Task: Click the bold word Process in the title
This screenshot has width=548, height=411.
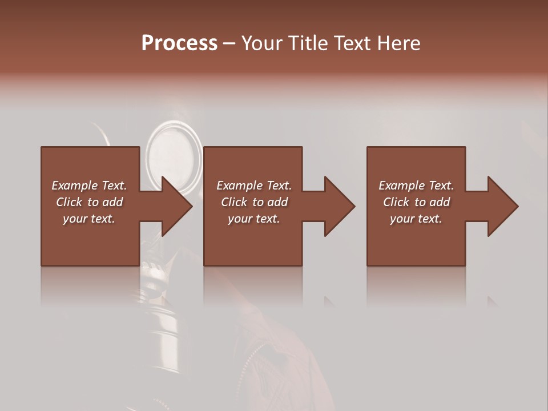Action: tap(179, 43)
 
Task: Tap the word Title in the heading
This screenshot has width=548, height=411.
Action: tap(307, 43)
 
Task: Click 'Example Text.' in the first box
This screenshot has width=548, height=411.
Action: tap(89, 186)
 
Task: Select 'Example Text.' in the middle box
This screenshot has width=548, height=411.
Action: tap(254, 186)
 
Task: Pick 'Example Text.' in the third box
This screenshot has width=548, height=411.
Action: tap(416, 186)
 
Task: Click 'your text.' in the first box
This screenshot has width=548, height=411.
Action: tap(89, 219)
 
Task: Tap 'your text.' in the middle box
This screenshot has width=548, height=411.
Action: tap(254, 219)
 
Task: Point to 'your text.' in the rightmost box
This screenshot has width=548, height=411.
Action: tap(416, 219)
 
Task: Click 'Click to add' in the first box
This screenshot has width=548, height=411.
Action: tap(89, 202)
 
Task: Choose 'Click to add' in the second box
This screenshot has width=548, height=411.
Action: tap(254, 202)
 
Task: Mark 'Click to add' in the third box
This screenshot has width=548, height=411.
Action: tap(416, 202)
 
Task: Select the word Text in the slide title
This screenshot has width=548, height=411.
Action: tap(351, 43)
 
